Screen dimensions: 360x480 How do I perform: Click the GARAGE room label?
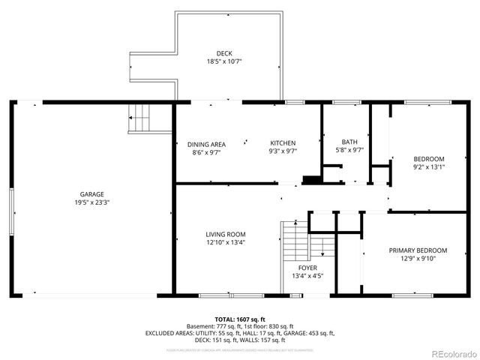(x=92, y=193)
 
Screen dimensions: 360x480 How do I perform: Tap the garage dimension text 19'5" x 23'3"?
(x=92, y=202)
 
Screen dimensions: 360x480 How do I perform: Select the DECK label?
(x=224, y=52)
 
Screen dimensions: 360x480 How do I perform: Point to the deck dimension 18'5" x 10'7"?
(x=224, y=61)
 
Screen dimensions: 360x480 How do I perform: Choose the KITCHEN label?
(x=283, y=143)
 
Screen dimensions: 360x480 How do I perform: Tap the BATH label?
(x=349, y=142)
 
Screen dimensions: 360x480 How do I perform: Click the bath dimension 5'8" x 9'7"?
(x=349, y=150)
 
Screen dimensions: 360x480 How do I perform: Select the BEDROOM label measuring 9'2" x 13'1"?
(x=429, y=158)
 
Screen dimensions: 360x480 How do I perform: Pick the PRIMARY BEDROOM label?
(x=418, y=250)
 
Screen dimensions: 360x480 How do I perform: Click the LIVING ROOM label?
(x=226, y=234)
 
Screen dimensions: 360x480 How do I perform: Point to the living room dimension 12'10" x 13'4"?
(x=226, y=242)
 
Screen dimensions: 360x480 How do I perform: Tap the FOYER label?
(x=308, y=267)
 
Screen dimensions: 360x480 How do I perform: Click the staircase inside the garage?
(x=140, y=118)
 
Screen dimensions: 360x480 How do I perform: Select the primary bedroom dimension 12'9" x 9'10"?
(x=418, y=259)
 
